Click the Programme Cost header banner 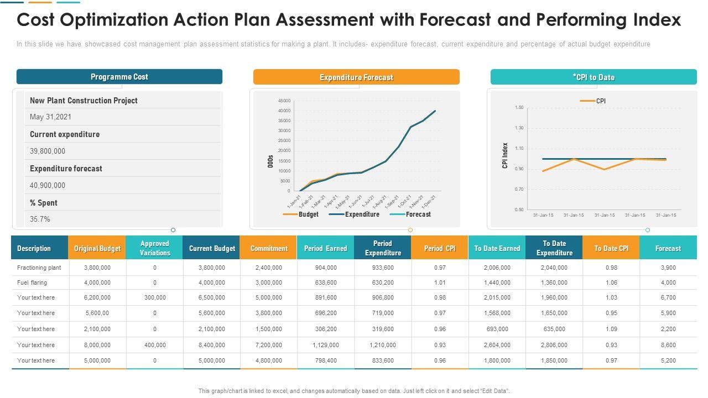[x=119, y=77]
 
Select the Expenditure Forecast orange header [x=356, y=77]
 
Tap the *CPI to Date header [x=594, y=77]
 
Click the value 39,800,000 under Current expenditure [x=48, y=151]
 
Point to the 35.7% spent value [x=40, y=219]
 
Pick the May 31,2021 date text [x=50, y=117]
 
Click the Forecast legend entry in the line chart [x=418, y=214]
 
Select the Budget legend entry [x=308, y=214]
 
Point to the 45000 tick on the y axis [x=284, y=101]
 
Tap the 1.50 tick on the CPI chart [x=519, y=107]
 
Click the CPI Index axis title [x=505, y=155]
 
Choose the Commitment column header [x=269, y=249]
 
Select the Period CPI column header [x=440, y=249]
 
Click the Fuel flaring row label [x=32, y=282]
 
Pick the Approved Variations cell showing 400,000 [x=155, y=345]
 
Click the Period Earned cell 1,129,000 [x=326, y=345]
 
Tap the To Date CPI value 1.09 [x=611, y=329]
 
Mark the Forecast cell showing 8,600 [x=668, y=345]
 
